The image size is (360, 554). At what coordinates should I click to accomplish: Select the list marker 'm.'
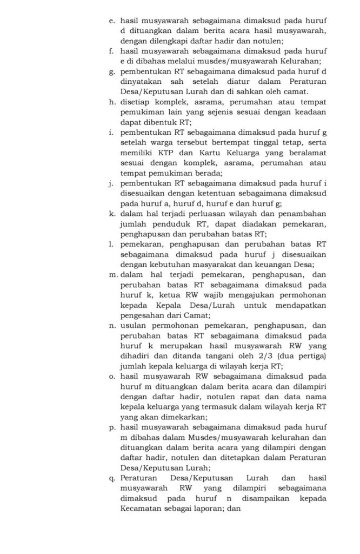112,275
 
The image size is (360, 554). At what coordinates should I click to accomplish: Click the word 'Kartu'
195,153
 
